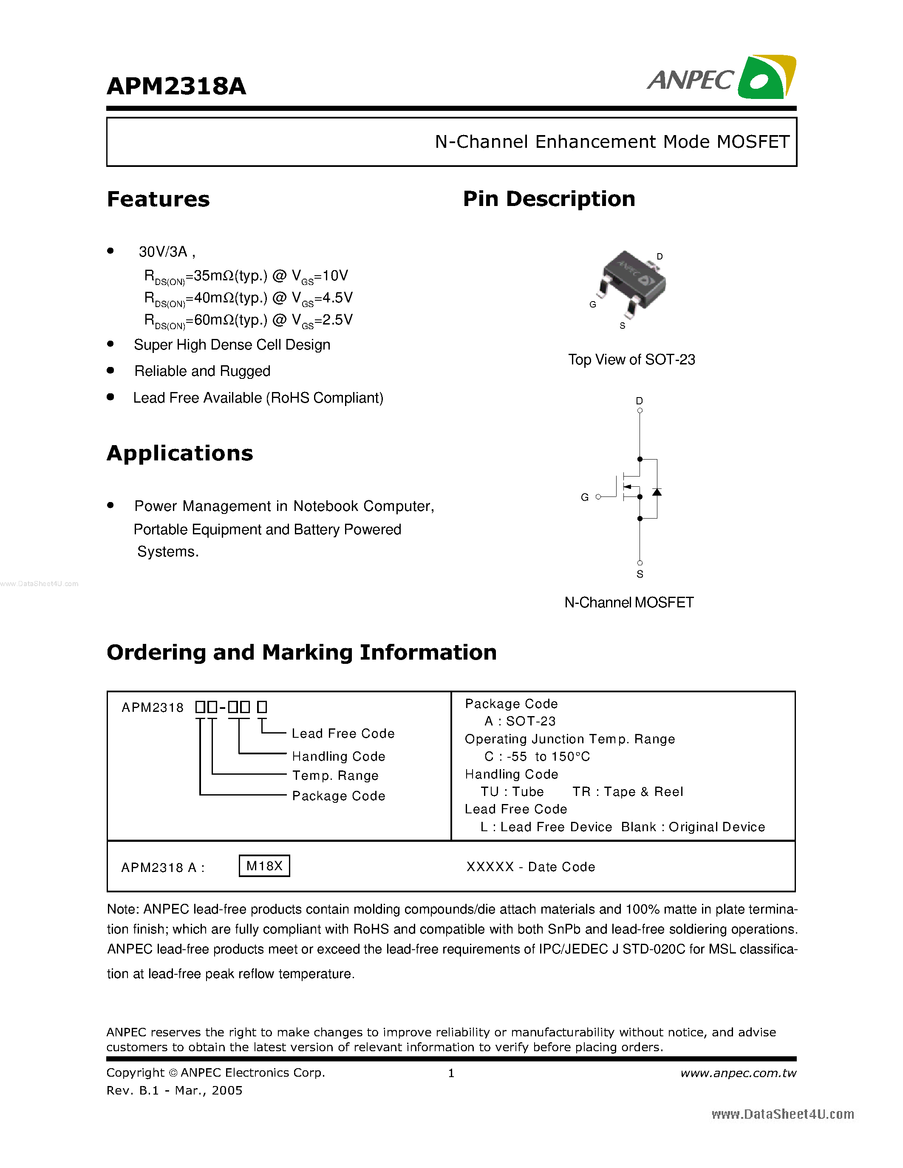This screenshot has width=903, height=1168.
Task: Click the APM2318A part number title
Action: point(176,86)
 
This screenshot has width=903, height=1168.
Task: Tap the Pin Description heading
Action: point(549,198)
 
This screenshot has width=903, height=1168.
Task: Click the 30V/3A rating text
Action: point(163,251)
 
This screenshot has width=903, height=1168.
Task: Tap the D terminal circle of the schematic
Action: point(640,411)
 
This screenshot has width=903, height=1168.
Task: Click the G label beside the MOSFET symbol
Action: point(585,497)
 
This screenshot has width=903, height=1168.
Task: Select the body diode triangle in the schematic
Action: point(657,491)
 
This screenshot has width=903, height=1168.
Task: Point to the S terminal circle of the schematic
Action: point(640,563)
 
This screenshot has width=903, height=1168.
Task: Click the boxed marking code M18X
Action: point(264,866)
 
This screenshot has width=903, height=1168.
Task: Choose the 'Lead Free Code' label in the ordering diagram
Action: point(343,733)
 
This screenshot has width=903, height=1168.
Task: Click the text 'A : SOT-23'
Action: point(520,721)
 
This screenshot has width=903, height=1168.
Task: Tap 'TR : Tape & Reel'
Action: point(628,792)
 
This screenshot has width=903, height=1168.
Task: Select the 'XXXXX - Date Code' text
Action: point(531,866)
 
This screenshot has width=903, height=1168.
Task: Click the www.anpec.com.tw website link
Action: point(738,1073)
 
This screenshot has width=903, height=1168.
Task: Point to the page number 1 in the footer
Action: point(451,1073)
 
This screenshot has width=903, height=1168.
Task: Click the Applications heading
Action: point(180,453)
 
